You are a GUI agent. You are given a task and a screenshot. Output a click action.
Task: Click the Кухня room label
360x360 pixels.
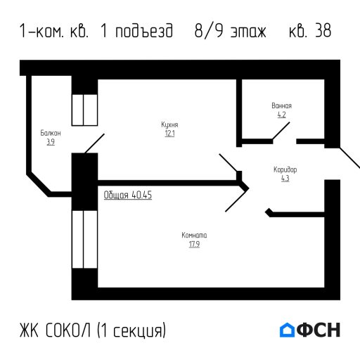coord(169,124)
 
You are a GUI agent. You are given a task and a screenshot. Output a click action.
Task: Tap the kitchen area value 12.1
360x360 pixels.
coord(169,133)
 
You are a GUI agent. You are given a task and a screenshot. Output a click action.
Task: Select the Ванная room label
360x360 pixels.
coord(281,106)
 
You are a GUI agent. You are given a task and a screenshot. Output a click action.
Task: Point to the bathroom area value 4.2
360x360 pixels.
coord(281,115)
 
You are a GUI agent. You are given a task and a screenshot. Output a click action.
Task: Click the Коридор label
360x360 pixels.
coord(285,169)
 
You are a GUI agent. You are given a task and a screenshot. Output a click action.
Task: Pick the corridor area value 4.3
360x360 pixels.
coord(285,178)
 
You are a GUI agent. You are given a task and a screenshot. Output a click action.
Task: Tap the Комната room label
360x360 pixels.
coord(194,235)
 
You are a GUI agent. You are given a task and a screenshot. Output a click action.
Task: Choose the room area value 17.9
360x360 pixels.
coord(194,244)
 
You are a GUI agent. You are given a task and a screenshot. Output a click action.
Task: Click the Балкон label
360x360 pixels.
coord(51,133)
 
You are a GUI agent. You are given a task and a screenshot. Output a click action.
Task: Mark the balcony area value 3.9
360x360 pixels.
coord(51,141)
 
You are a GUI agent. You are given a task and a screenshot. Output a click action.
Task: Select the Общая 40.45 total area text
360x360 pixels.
coord(127,195)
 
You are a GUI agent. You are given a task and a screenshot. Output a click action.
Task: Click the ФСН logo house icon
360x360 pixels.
coord(288,329)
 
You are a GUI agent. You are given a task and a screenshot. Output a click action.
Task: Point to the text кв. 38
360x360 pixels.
coord(309,32)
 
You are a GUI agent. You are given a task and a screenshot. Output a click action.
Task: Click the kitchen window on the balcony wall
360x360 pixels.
coord(84,109)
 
